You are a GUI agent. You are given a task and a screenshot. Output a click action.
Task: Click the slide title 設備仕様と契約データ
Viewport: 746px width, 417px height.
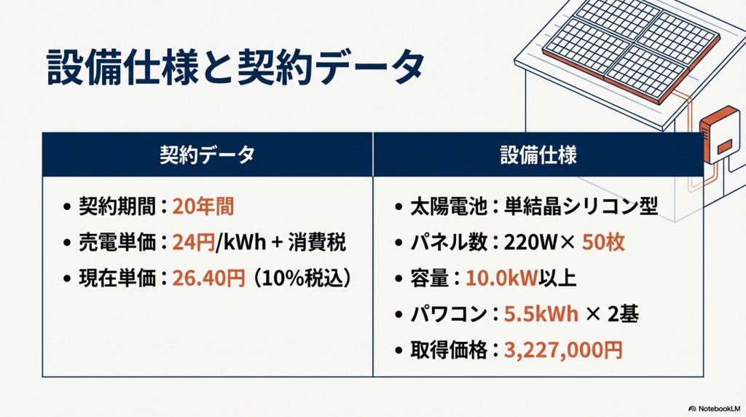click(x=235, y=69)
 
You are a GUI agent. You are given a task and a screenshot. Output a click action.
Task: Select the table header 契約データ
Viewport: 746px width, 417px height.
click(x=208, y=155)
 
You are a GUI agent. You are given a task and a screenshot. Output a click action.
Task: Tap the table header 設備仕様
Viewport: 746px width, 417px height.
click(x=538, y=155)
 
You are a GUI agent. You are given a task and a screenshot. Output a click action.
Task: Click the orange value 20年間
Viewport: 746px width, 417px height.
click(x=203, y=207)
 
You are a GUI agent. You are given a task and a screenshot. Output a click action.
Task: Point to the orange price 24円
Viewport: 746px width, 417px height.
click(x=194, y=243)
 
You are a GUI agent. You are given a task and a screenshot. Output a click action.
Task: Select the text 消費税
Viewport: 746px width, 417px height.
click(x=316, y=243)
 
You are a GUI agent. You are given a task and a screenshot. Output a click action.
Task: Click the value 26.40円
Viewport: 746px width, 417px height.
click(x=208, y=278)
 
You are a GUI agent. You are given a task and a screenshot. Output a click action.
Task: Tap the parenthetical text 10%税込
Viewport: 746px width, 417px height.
click(x=302, y=278)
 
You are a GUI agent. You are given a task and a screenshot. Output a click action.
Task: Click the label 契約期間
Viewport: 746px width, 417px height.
click(x=117, y=207)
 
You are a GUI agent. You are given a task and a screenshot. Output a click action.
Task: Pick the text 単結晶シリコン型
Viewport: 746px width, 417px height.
click(x=581, y=207)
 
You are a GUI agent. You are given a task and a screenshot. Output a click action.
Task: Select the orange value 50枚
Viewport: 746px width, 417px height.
click(x=603, y=243)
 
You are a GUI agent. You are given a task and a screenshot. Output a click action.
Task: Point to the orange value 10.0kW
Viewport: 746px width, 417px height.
click(x=501, y=278)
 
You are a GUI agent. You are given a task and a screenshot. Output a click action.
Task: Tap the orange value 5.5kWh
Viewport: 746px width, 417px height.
click(x=541, y=314)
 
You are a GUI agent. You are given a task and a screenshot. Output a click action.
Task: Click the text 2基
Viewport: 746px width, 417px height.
click(x=623, y=314)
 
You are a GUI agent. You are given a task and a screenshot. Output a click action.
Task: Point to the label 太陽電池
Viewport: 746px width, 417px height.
click(x=449, y=207)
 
